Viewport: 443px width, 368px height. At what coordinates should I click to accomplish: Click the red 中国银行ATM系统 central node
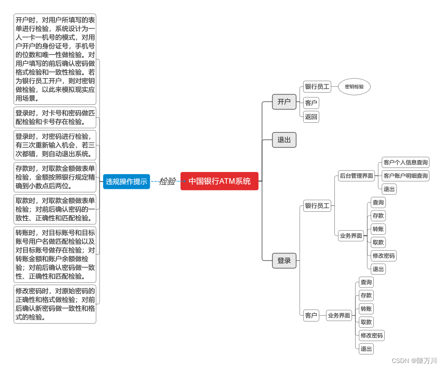[219, 181]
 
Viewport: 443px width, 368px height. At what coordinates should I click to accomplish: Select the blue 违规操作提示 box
[126, 182]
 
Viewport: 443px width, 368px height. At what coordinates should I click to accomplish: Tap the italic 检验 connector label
[167, 181]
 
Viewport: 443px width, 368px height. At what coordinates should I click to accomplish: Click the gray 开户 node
[284, 102]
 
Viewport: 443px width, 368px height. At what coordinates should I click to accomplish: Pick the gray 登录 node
[284, 261]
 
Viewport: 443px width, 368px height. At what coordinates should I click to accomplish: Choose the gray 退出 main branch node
[284, 140]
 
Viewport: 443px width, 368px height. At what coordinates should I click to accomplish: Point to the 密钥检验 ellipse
[354, 87]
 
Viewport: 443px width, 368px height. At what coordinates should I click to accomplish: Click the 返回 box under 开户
[311, 117]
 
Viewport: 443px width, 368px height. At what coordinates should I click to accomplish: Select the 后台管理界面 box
[357, 176]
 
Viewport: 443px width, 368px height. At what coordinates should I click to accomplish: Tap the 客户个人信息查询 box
[405, 162]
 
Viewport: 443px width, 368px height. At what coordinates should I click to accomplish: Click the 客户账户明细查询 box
[405, 176]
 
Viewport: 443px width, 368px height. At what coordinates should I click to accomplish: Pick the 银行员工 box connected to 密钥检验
[317, 87]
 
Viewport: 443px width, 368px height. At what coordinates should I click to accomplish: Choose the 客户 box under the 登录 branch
[311, 316]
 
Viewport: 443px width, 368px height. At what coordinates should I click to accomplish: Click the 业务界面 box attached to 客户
[339, 316]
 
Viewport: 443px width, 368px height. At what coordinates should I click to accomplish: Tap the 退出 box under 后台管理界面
[389, 189]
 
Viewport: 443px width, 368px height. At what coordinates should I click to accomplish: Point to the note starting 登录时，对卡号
[55, 117]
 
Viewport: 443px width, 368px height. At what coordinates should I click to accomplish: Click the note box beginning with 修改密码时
[55, 304]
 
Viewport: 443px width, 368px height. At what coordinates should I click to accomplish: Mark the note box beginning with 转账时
[55, 254]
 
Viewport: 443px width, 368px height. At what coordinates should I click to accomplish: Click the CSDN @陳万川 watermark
[414, 361]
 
